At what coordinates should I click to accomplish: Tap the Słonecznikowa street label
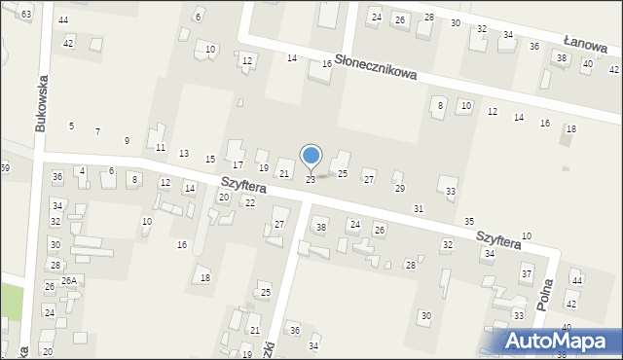pos(376,67)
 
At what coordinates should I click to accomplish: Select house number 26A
pos(68,280)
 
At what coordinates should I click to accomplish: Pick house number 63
pos(25,14)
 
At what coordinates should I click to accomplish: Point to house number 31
pos(419,209)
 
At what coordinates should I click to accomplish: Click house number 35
pos(469,222)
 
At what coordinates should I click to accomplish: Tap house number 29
pos(399,189)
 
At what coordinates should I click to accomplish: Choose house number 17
pos(238,165)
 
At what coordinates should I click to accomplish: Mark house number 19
pos(263,168)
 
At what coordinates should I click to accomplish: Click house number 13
pos(184,154)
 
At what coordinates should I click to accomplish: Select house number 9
pos(127,140)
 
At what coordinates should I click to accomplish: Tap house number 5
pos(71,126)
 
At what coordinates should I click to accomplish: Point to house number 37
pos(527,274)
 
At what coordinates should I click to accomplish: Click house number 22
pos(249,202)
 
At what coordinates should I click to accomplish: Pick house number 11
pos(161,148)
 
